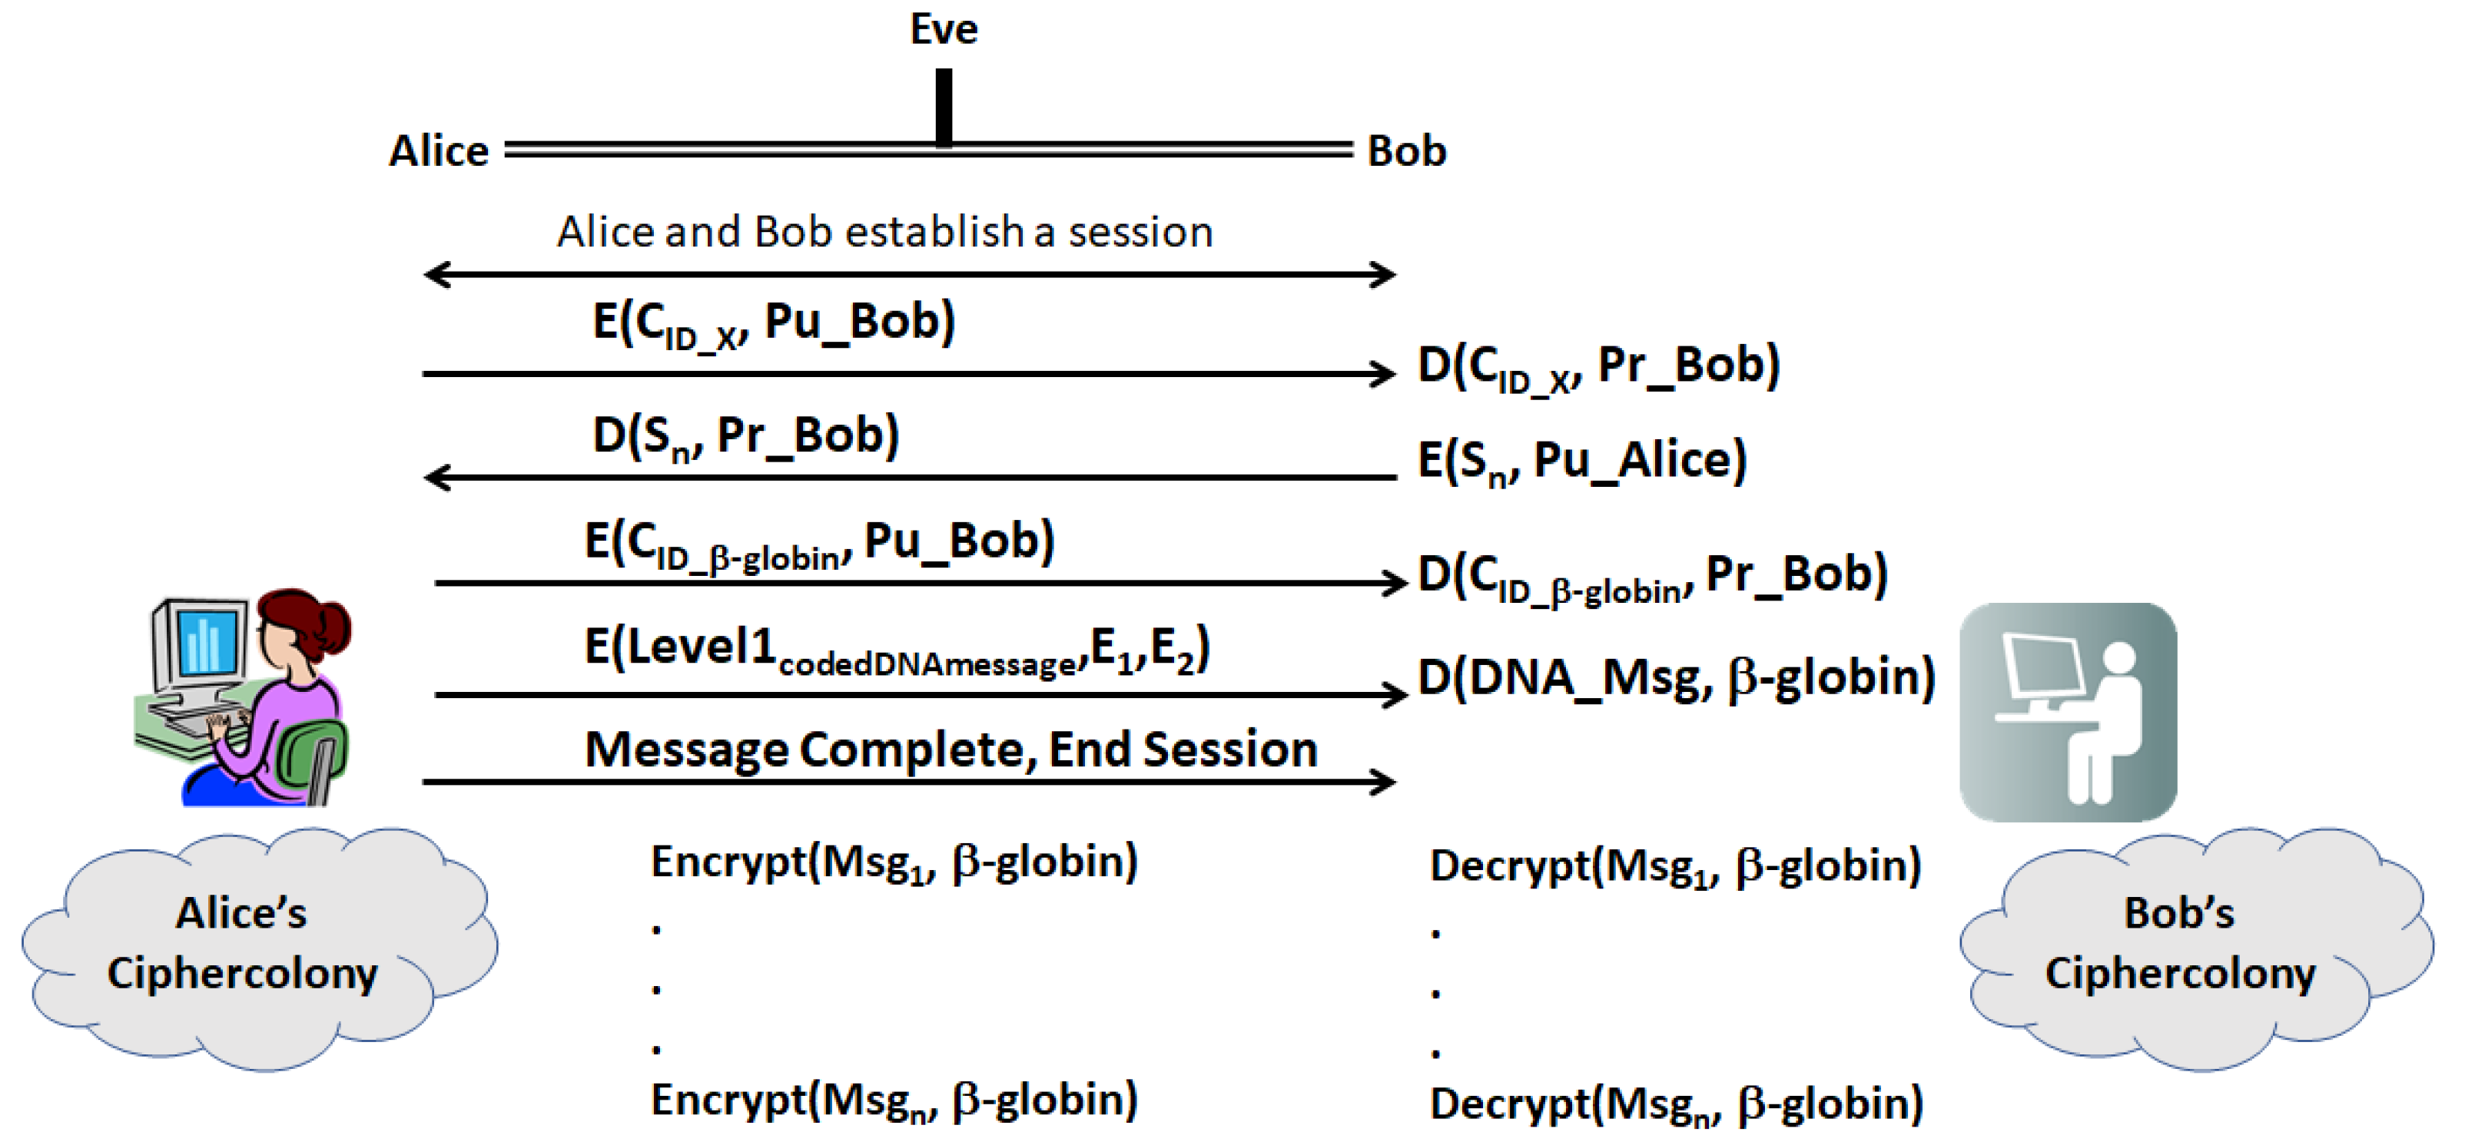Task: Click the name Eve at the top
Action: (943, 28)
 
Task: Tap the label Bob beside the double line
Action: (1405, 151)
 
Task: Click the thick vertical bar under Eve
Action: (944, 108)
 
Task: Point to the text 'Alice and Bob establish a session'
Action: (885, 231)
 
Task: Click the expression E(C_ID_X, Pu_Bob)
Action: (773, 323)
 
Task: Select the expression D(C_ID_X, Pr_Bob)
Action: (1598, 366)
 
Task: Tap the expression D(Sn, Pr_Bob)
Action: (745, 436)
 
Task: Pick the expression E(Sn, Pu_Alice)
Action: (1581, 461)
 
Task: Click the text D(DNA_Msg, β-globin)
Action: (1676, 677)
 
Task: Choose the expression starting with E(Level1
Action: (896, 649)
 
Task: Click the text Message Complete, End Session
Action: (951, 749)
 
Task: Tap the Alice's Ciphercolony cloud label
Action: (242, 943)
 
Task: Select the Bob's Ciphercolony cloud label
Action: (2179, 943)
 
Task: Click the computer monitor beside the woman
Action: (202, 641)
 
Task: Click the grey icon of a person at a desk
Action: (2067, 712)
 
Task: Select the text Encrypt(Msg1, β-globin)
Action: (894, 862)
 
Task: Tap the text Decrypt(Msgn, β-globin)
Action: (1676, 1104)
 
